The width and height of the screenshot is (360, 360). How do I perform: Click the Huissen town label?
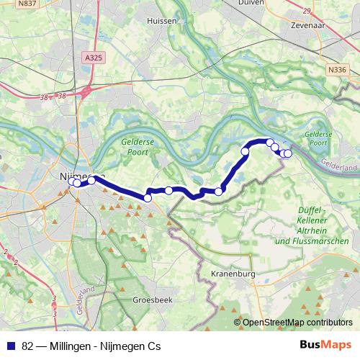(161, 21)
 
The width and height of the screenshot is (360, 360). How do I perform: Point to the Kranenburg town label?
(234, 273)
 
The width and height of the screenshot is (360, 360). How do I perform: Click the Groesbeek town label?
(152, 299)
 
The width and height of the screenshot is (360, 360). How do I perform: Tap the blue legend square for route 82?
(11, 345)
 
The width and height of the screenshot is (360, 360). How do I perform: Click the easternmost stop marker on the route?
(288, 153)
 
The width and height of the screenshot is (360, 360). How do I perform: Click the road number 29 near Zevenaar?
(307, 11)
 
